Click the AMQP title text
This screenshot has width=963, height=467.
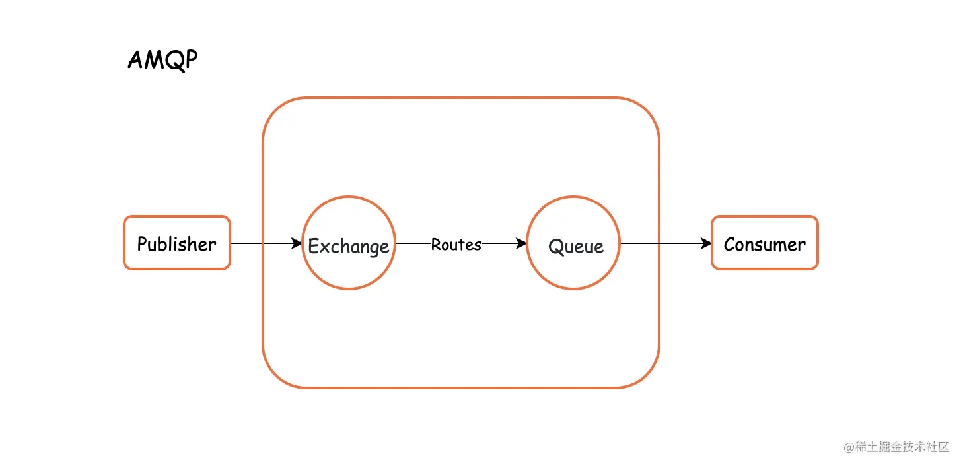(x=163, y=60)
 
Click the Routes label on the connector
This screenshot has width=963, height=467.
(x=456, y=245)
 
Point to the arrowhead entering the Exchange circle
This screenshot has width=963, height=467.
(x=297, y=243)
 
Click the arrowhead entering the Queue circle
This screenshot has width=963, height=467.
(x=521, y=243)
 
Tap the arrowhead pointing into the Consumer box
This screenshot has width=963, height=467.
(x=706, y=243)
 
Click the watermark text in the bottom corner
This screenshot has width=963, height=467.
(x=896, y=447)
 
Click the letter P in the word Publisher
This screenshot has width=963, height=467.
(x=142, y=244)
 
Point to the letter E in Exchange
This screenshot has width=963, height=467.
(x=314, y=247)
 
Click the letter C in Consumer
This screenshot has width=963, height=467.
(x=730, y=245)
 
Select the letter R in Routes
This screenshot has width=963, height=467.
(x=437, y=244)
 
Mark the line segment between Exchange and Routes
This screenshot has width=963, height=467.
(x=413, y=243)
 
